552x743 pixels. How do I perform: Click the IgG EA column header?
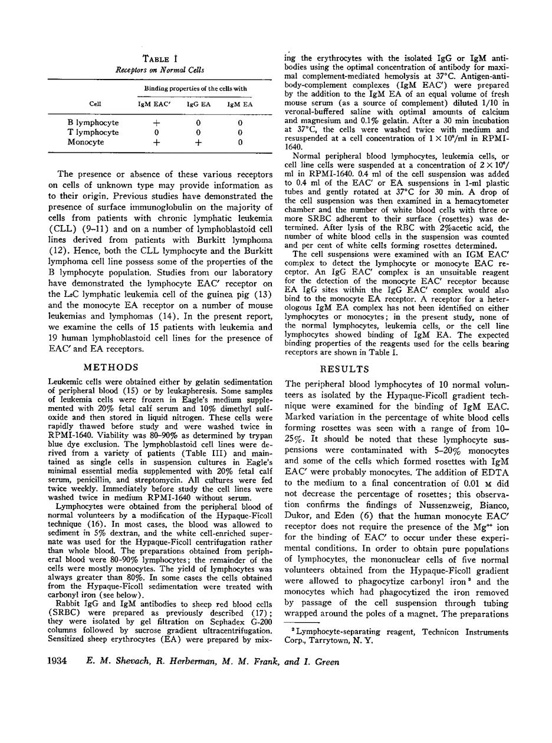tap(198, 104)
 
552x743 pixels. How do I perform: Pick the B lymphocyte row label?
tap(93, 123)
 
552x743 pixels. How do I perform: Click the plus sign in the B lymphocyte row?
tap(156, 123)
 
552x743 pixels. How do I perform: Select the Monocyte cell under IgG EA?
tap(199, 142)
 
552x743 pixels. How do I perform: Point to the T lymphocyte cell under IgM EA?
tap(240, 133)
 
